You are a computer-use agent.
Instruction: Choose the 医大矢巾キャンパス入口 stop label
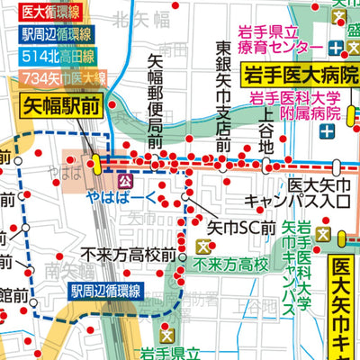tap(308, 193)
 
